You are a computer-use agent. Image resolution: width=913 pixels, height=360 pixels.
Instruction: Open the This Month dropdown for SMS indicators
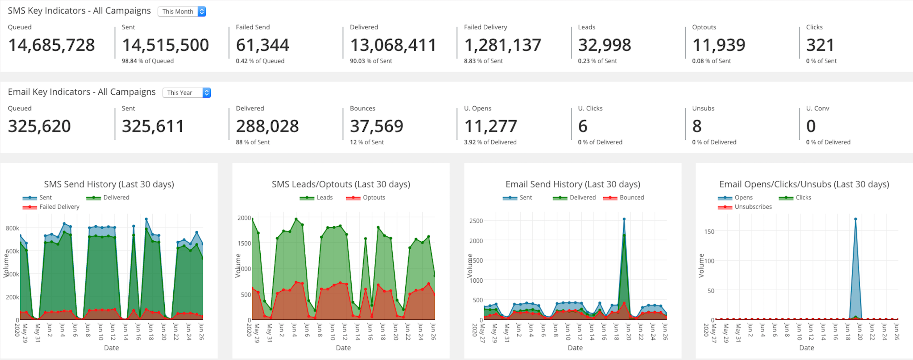pos(181,11)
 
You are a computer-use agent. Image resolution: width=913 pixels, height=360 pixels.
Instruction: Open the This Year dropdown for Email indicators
pos(186,92)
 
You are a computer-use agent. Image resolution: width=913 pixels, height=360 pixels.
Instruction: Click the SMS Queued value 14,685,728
pos(52,45)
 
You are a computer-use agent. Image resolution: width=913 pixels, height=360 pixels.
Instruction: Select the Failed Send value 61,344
pos(262,45)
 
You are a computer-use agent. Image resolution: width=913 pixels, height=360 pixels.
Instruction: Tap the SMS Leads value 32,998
pos(604,45)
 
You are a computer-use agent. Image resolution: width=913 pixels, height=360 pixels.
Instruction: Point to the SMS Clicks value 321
pos(820,45)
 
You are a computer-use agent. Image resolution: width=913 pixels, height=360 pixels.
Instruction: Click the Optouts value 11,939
pos(718,45)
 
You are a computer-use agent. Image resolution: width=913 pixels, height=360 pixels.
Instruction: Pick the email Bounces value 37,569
pos(376,126)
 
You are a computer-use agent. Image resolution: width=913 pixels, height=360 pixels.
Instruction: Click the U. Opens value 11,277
pos(490,126)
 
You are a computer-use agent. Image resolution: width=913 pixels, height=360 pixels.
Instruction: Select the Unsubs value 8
pos(696,126)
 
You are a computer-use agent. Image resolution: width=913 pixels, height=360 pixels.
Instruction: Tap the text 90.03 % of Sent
pos(371,61)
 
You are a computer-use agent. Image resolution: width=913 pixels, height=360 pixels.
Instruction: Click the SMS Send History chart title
pos(109,184)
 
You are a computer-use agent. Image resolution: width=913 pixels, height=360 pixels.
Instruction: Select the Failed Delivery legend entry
pos(59,207)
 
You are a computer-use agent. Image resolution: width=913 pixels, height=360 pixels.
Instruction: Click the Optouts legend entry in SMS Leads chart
pos(374,198)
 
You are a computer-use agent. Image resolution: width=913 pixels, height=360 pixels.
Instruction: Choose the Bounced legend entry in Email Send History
pos(631,198)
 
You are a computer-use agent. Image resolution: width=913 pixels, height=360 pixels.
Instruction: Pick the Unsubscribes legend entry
pos(753,207)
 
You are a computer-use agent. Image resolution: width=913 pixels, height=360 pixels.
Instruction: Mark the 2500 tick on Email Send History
pos(476,221)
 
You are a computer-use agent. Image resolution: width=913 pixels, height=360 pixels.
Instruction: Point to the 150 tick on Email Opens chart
pos(709,232)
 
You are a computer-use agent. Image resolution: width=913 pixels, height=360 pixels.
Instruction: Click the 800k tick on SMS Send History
pos(12,228)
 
